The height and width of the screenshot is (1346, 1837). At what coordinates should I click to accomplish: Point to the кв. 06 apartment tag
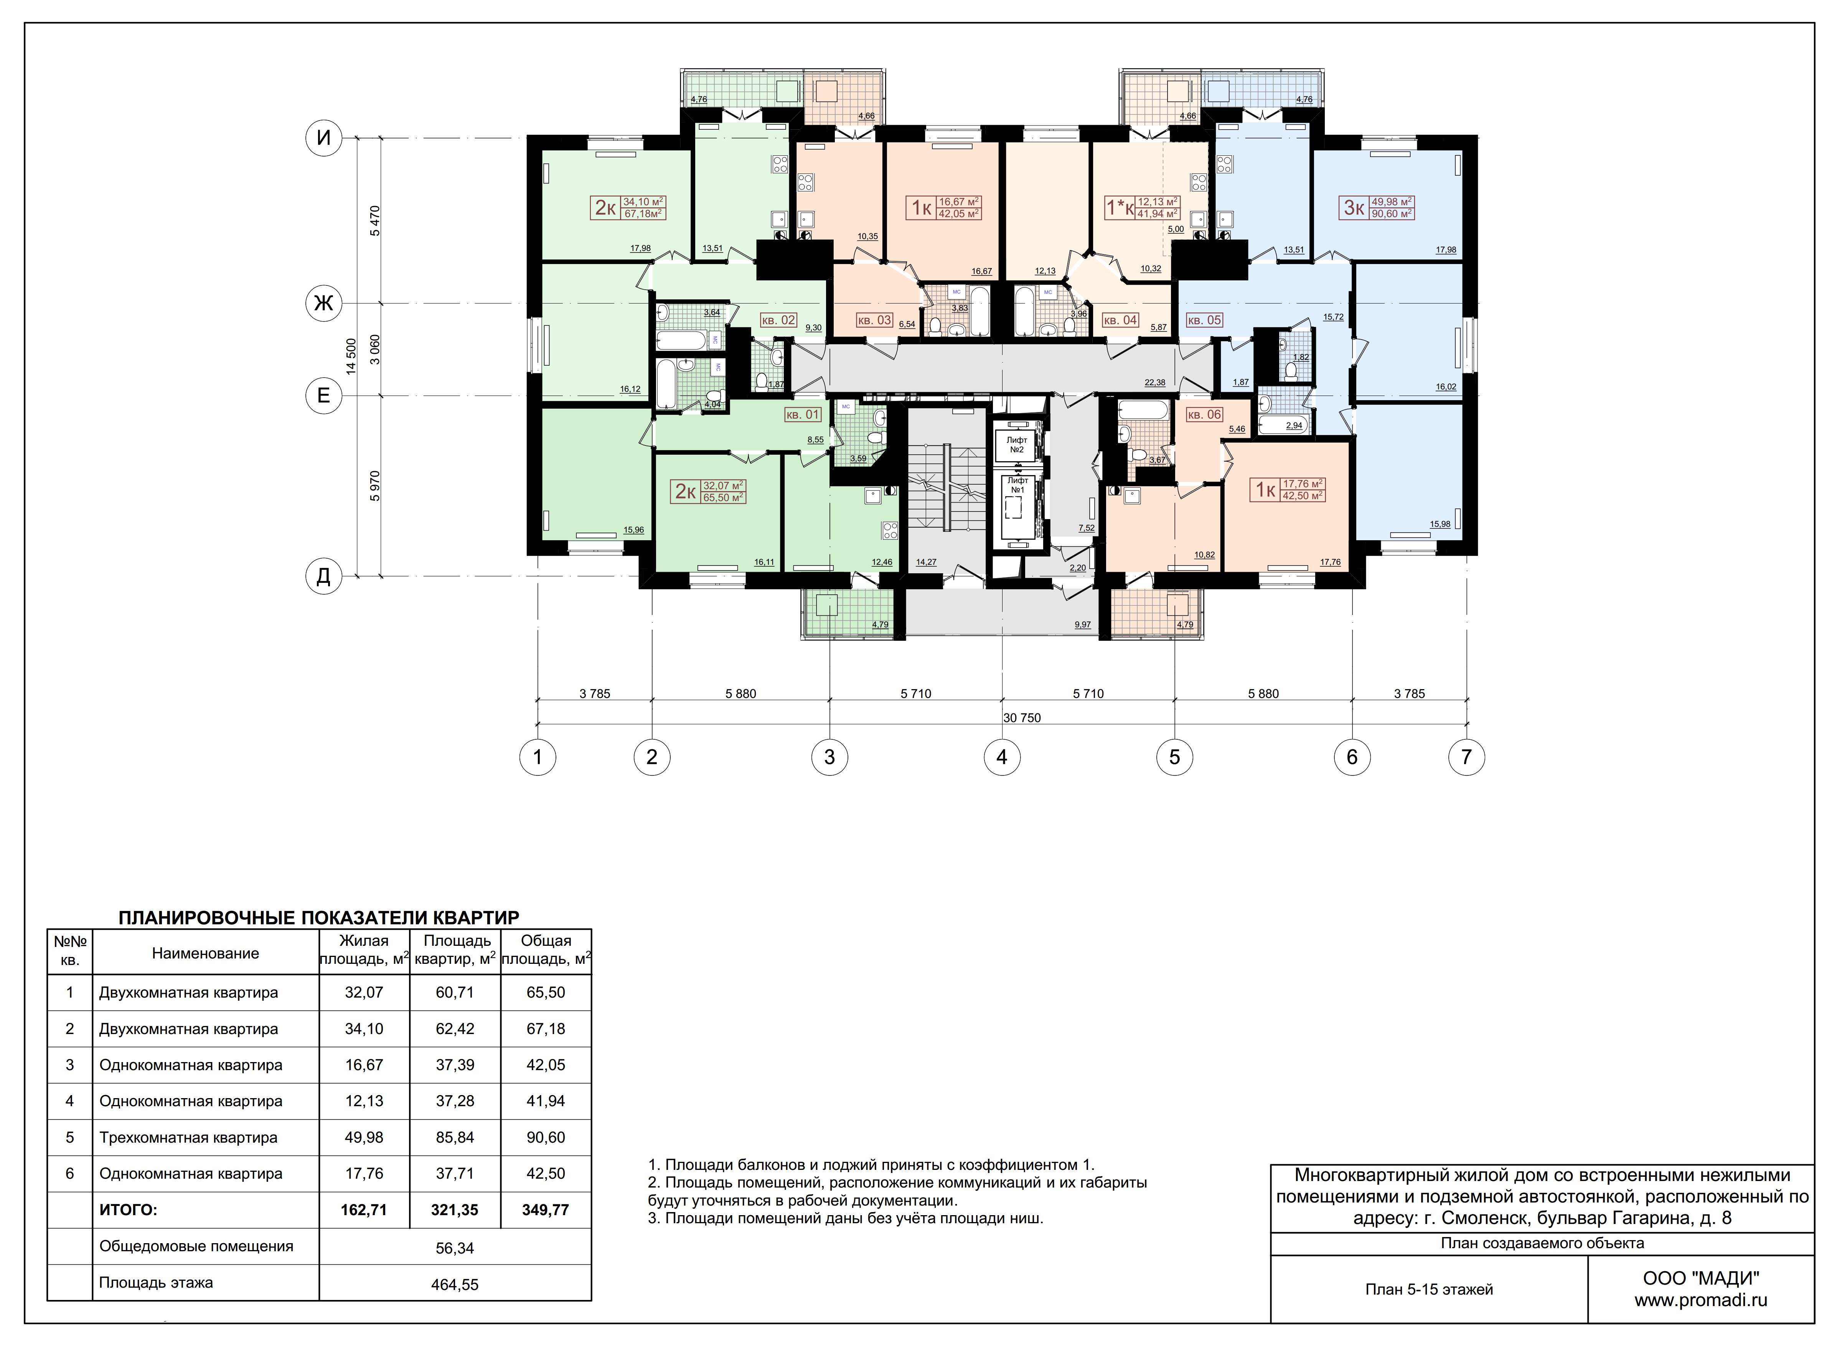1204,415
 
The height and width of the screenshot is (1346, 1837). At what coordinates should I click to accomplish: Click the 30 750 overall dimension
1022,718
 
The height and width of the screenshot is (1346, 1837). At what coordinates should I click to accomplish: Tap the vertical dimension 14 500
351,356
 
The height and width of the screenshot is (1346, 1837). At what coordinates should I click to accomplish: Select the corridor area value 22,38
1154,382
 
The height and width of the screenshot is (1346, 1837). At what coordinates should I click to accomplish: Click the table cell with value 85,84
455,1137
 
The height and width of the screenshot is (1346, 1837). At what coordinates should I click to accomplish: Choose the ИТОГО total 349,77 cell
546,1210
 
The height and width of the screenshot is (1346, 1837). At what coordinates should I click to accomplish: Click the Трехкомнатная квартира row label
188,1137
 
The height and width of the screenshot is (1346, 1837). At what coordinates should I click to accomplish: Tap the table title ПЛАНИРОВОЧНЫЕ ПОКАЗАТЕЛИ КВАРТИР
318,917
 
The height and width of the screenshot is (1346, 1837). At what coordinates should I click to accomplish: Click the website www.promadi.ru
1701,1300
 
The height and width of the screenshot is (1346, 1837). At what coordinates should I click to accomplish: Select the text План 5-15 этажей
1429,1290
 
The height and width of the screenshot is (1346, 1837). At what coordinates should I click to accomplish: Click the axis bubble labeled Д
323,577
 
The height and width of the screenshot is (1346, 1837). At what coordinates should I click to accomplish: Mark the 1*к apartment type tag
1119,208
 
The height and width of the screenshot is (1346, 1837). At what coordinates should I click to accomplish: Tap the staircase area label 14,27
926,562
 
